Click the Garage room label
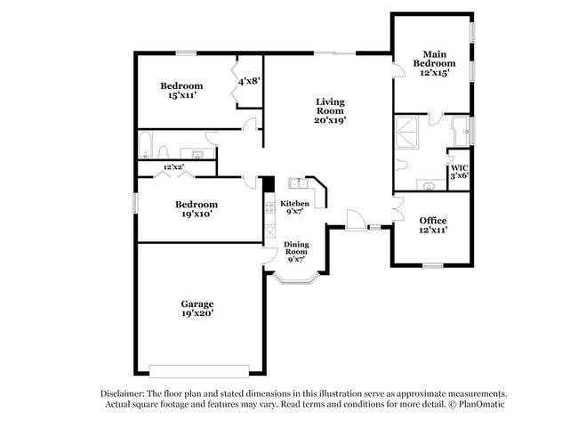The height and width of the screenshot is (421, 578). tap(197, 304)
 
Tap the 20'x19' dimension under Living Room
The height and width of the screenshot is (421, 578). tap(330, 119)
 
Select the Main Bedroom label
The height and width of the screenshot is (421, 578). tap(434, 58)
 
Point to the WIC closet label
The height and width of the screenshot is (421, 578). tap(459, 167)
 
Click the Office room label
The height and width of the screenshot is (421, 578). tap(433, 220)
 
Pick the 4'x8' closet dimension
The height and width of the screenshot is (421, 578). tap(248, 81)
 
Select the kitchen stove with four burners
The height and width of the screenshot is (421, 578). tap(269, 210)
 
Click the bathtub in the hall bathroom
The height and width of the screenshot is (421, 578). tap(149, 144)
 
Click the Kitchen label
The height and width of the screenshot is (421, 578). tap(295, 204)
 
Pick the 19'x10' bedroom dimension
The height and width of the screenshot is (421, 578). tap(197, 214)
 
